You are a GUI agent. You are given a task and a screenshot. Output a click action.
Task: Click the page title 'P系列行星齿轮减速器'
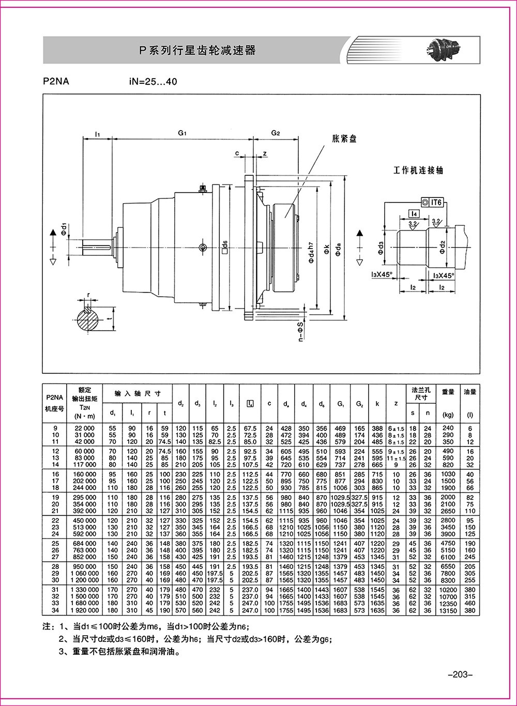(x=199, y=51)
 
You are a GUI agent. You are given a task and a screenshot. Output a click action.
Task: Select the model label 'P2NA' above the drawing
(x=56, y=81)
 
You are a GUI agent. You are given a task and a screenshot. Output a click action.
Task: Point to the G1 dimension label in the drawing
(x=182, y=133)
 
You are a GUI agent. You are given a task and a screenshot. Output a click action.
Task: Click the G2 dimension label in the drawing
(x=276, y=133)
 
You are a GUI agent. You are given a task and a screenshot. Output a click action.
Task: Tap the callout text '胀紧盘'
(x=345, y=139)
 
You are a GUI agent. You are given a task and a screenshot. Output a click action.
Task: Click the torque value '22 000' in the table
(x=84, y=428)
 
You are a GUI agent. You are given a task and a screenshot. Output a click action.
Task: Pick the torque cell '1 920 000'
(x=84, y=610)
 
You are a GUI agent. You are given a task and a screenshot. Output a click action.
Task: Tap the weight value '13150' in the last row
(x=448, y=610)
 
